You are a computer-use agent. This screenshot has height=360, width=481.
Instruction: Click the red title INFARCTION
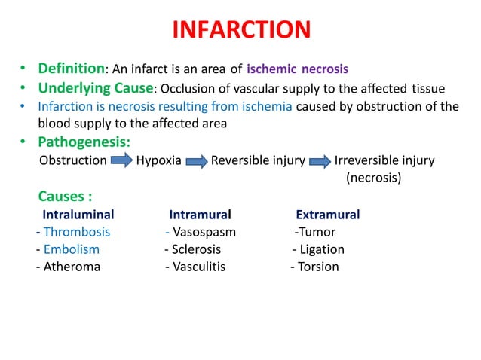point(241,30)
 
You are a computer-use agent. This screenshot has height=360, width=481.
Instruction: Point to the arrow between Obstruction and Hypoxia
point(121,160)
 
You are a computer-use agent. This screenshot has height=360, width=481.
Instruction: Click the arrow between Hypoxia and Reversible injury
point(196,160)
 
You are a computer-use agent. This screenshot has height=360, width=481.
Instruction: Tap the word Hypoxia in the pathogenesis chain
point(158,160)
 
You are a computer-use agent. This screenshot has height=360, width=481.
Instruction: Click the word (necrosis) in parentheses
point(373,178)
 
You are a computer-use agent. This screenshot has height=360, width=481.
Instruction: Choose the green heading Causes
point(66,197)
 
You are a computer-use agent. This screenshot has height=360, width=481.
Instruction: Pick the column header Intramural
point(200,215)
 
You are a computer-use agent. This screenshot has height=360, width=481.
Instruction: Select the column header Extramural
point(327,215)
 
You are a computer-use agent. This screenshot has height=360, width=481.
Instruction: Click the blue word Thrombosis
point(77,232)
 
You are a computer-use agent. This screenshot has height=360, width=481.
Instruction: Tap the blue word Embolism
point(72,249)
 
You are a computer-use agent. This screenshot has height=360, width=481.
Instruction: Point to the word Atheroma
point(72,267)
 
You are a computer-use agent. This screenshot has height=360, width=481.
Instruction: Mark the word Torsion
point(318,267)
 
